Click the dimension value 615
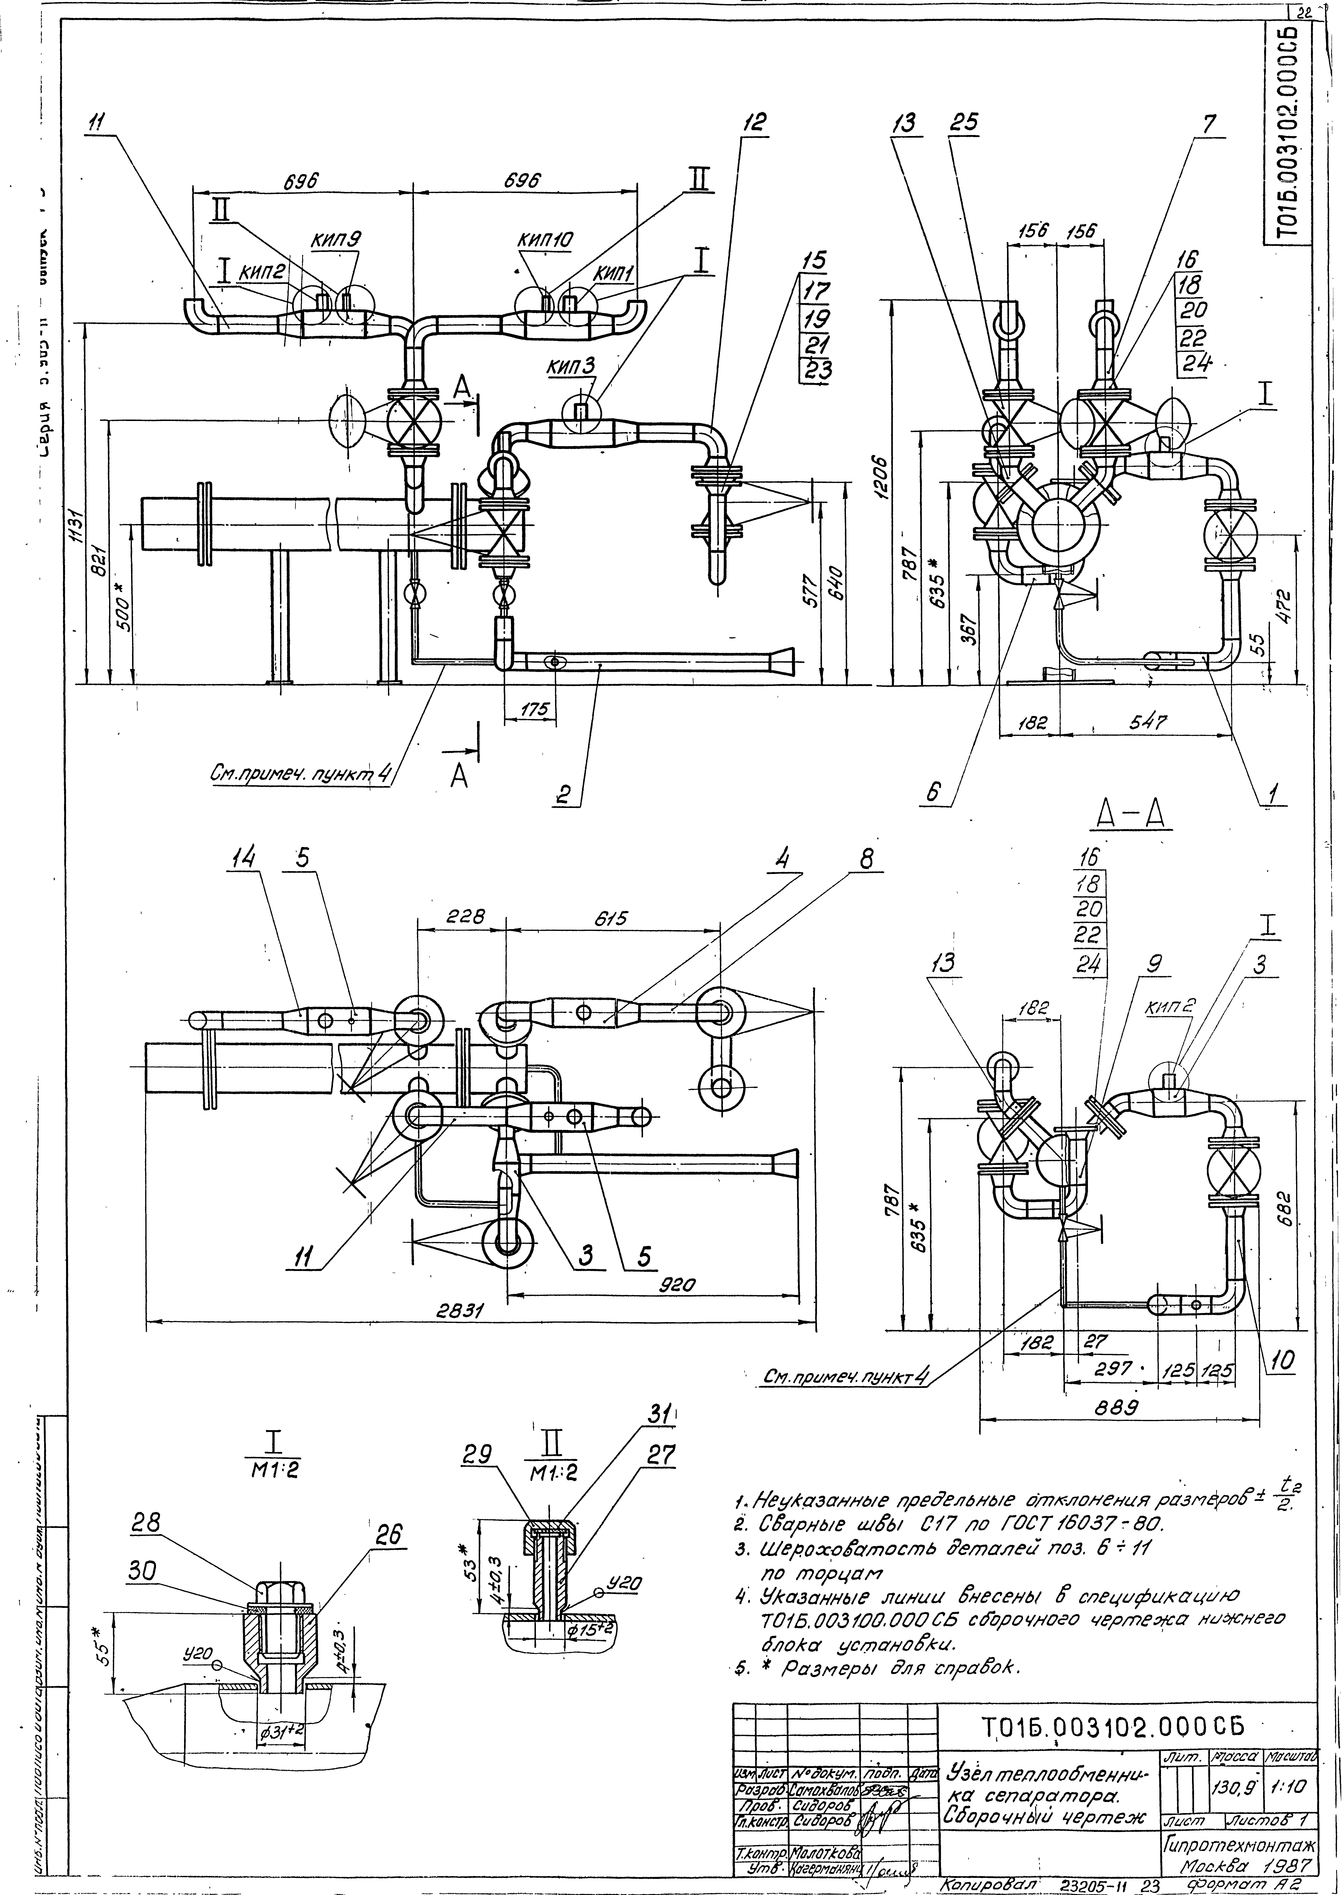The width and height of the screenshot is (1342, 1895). coord(612,918)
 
